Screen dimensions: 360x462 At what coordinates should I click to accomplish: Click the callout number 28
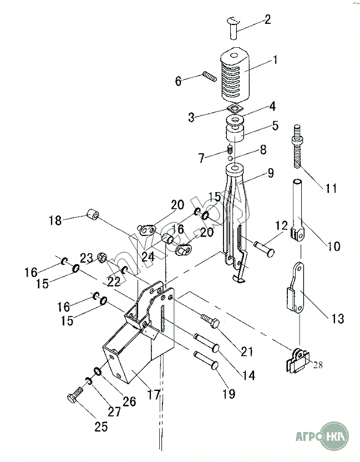tap(318, 365)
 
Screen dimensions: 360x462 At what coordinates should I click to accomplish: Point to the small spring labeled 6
tap(209, 77)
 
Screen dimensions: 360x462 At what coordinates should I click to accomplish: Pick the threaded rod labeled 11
tap(298, 147)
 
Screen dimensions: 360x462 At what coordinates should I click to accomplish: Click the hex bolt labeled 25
tap(75, 394)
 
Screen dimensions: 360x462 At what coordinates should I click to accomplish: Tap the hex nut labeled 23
tap(102, 258)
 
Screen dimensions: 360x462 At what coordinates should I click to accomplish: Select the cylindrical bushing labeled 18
tap(93, 214)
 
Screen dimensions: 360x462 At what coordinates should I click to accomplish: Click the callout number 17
tap(154, 395)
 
